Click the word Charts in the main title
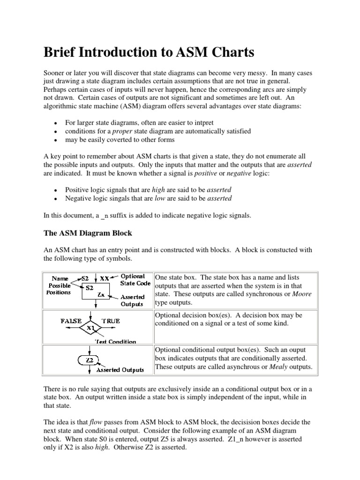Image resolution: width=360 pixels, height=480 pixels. click(x=228, y=52)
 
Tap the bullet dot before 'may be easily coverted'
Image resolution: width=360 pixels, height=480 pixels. click(x=55, y=140)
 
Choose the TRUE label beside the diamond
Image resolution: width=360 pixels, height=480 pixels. click(x=111, y=321)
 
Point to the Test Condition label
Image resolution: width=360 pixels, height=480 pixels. click(x=115, y=342)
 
